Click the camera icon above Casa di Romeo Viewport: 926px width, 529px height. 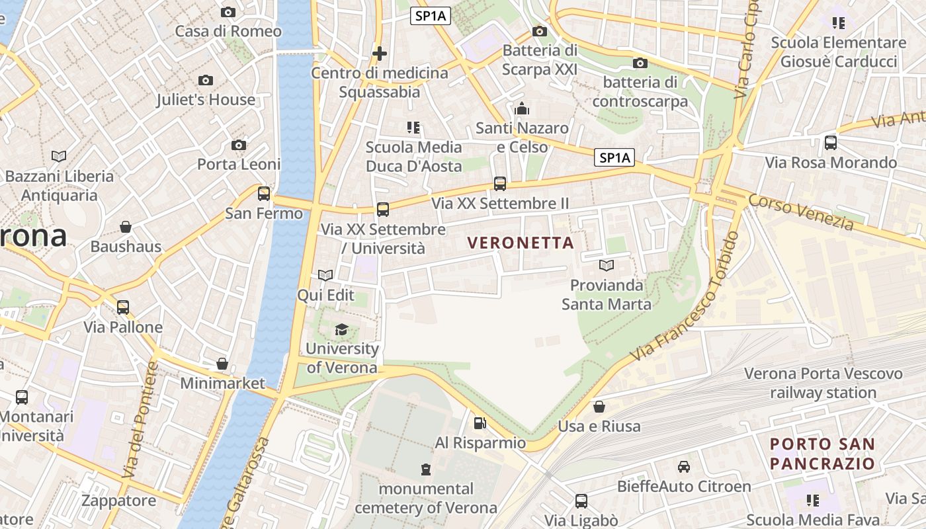point(228,12)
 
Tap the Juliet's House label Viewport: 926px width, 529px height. point(206,100)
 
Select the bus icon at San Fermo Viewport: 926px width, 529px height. point(264,194)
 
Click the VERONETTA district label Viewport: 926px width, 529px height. point(521,243)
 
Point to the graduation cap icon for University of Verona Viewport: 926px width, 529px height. point(341,329)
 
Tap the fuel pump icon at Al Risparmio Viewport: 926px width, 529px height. point(480,423)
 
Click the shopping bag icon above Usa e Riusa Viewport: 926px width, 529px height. point(599,407)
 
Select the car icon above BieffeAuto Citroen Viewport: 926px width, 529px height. point(684,467)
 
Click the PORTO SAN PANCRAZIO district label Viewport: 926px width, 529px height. point(822,454)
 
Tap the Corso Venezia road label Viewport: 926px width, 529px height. point(801,212)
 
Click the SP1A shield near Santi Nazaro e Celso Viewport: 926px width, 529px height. point(614,158)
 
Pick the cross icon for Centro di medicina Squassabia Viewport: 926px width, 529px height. point(380,53)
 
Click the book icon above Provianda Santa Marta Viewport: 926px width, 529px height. point(607,266)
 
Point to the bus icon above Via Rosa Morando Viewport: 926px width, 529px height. point(831,143)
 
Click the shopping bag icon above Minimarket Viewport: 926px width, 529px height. point(222,364)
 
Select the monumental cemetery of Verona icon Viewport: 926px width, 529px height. point(426,469)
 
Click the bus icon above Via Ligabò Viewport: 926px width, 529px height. point(581,501)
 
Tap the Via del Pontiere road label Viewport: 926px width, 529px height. point(141,419)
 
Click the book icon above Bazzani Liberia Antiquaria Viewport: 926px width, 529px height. point(59,157)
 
